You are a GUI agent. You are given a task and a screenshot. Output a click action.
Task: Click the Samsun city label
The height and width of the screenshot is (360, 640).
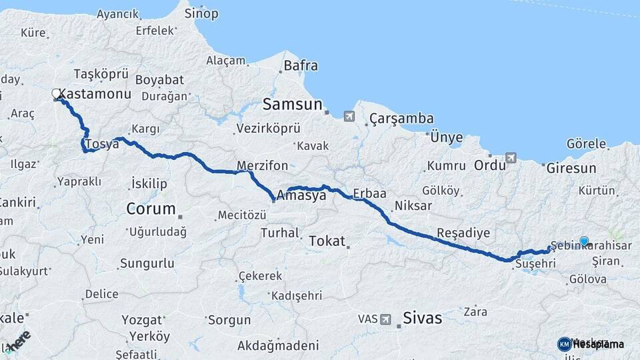click(292, 104)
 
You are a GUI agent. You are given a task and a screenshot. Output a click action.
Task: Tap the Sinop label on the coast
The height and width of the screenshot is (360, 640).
click(201, 13)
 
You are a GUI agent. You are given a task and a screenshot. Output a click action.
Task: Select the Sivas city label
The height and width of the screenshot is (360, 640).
click(423, 318)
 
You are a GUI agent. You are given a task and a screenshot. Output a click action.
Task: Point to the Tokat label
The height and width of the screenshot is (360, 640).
click(327, 241)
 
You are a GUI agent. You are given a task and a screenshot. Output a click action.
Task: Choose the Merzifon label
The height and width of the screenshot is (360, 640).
click(262, 165)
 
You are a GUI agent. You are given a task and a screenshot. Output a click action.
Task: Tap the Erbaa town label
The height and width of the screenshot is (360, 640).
click(370, 193)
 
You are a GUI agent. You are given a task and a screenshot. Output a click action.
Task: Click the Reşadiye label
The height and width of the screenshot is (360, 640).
click(463, 233)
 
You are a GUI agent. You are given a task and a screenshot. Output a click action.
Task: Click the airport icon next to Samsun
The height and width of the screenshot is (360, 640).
click(349, 117)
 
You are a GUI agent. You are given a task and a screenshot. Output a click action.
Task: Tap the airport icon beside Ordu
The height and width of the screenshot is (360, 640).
click(511, 158)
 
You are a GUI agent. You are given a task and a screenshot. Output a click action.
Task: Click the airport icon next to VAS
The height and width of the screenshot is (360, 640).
click(385, 319)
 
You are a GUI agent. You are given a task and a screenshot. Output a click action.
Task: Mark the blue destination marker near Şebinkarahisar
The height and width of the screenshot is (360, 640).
click(584, 241)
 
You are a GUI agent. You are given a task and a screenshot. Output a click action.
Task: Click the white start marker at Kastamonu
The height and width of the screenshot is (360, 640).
click(57, 95)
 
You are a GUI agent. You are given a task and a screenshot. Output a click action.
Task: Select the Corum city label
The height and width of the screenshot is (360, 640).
click(151, 209)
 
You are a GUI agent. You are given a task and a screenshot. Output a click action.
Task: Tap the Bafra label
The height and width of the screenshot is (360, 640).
click(301, 66)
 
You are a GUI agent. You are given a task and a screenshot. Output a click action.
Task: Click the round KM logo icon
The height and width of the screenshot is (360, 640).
click(564, 344)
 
